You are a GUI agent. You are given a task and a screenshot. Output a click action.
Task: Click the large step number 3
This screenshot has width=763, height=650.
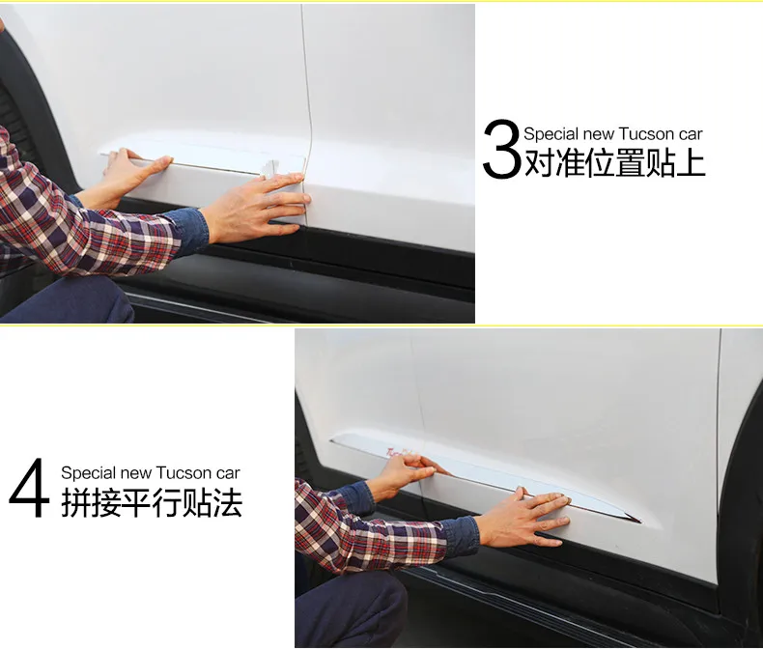[502, 149]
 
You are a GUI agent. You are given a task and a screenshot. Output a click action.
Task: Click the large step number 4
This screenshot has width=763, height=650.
[29, 488]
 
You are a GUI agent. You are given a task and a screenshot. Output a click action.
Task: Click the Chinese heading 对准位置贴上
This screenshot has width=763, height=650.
[615, 163]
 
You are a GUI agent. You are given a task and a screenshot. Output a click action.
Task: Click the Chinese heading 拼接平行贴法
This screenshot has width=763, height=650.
[152, 502]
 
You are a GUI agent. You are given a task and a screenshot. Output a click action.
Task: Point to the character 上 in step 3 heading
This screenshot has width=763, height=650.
[691, 163]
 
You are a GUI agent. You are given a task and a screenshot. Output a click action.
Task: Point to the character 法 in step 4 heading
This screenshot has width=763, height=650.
[227, 502]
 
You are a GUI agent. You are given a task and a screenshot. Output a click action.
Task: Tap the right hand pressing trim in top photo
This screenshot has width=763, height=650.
[258, 208]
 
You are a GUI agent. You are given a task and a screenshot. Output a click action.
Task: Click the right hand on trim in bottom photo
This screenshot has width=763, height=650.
[523, 518]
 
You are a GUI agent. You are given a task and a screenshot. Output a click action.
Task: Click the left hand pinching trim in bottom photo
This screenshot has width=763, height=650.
[405, 474]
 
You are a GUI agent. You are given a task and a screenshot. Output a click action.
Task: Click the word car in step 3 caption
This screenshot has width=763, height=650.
[691, 135]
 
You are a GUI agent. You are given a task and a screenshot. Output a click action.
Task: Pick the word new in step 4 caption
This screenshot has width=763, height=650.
[136, 474]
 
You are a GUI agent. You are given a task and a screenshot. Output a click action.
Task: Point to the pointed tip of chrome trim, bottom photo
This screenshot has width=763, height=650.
[640, 522]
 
